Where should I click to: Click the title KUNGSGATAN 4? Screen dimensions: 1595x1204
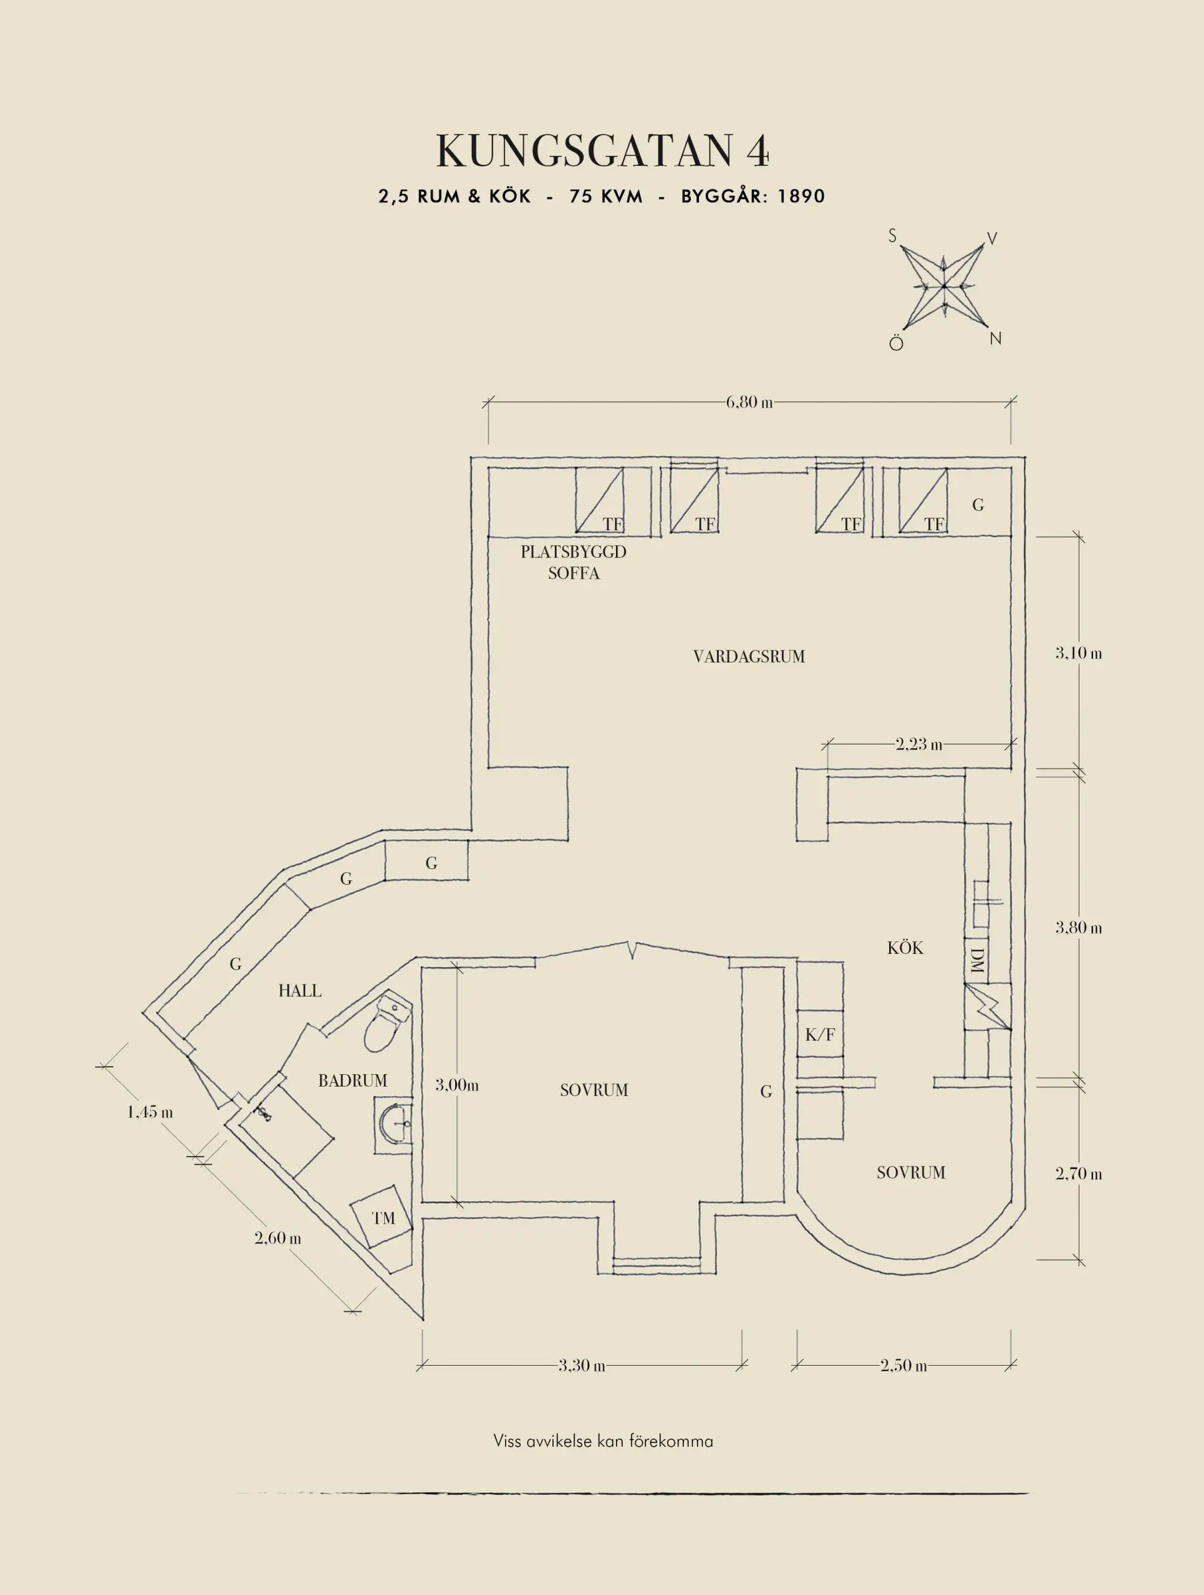coord(602,151)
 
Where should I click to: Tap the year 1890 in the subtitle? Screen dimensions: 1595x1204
coord(801,196)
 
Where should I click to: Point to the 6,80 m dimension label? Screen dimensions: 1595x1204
coord(749,402)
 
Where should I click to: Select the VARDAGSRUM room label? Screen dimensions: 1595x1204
coord(749,657)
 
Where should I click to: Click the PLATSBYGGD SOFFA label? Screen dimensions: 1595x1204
coord(574,563)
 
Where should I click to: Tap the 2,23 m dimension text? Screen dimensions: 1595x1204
coord(918,744)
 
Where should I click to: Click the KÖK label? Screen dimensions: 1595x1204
coord(905,948)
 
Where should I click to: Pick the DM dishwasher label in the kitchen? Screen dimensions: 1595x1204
coord(977,961)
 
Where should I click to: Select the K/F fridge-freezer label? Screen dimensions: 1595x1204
coord(819,1036)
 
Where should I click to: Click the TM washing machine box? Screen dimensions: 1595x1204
coord(382,1218)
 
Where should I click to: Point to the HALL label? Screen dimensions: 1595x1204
coord(300,991)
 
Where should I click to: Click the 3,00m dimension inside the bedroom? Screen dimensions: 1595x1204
coord(456,1085)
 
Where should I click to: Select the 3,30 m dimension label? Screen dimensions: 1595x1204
coord(582,1365)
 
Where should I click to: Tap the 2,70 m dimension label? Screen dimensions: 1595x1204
coord(1079,1174)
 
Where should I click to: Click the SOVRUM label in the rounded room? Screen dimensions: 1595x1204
coord(910,1173)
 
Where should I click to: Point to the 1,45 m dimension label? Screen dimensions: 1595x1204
coord(150,1112)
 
